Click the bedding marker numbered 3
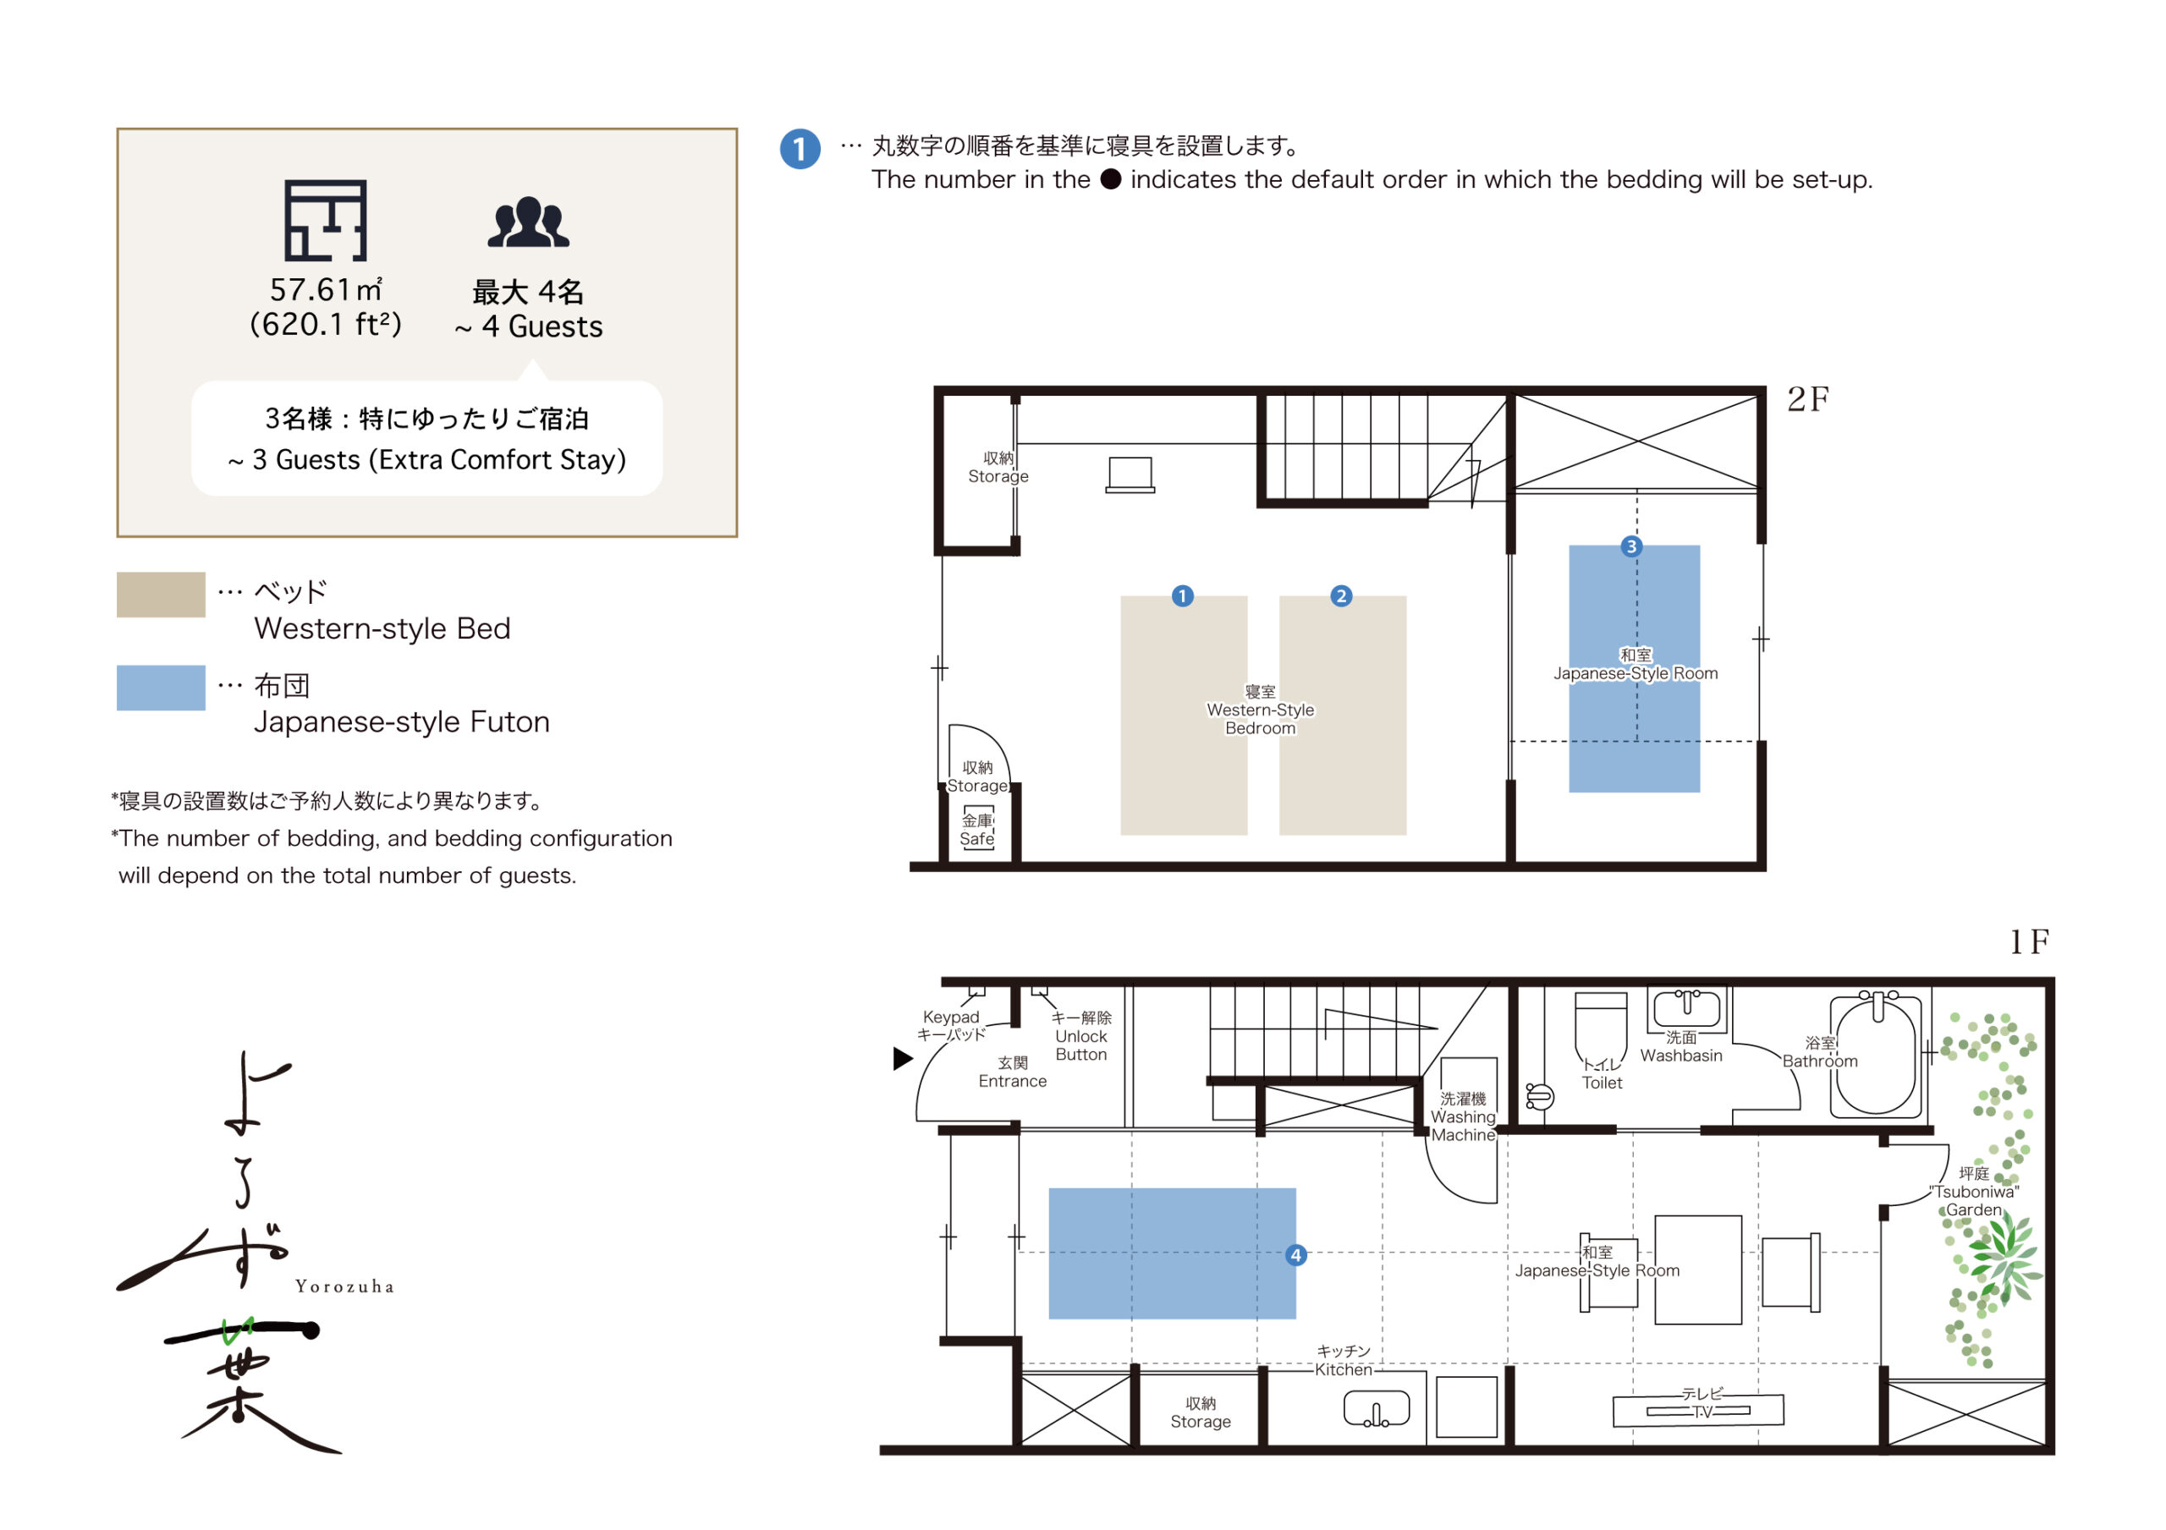(x=1631, y=546)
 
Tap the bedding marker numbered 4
(x=1296, y=1254)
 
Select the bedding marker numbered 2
(x=1340, y=596)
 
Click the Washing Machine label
(x=1463, y=1117)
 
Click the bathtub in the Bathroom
(x=1877, y=1056)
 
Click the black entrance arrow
(x=903, y=1058)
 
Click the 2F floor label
(x=1807, y=399)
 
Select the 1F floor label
(x=2028, y=940)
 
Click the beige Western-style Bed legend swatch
(x=162, y=595)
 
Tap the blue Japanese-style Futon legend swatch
(x=162, y=688)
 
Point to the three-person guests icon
(x=528, y=222)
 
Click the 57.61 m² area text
(x=327, y=288)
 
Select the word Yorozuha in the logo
(x=344, y=1286)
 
